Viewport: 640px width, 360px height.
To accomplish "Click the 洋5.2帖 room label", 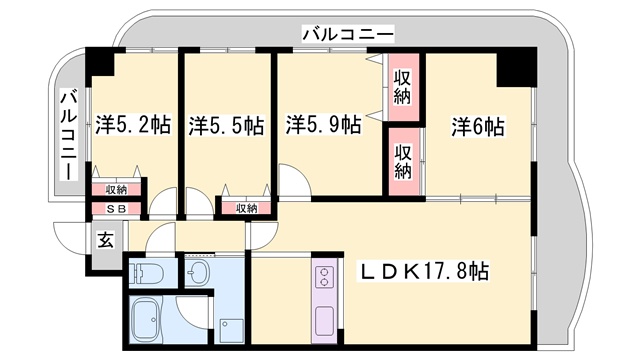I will (x=132, y=126).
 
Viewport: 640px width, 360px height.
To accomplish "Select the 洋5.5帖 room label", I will (x=226, y=126).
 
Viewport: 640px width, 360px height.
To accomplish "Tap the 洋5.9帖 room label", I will (x=323, y=126).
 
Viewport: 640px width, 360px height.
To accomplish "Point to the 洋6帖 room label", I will (x=477, y=127).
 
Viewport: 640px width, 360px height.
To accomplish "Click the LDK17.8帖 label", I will (x=425, y=271).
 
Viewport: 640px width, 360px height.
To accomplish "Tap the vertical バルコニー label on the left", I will (x=68, y=134).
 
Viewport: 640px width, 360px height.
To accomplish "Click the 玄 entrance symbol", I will (x=105, y=239).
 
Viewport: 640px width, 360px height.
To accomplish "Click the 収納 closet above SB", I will (x=115, y=189).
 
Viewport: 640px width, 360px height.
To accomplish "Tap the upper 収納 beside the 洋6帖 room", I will (x=402, y=87).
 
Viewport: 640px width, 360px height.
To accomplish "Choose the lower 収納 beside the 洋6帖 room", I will (x=402, y=162).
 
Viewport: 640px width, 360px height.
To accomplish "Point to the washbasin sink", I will (x=197, y=273).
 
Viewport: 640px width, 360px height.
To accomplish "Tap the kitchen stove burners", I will (x=327, y=277).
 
